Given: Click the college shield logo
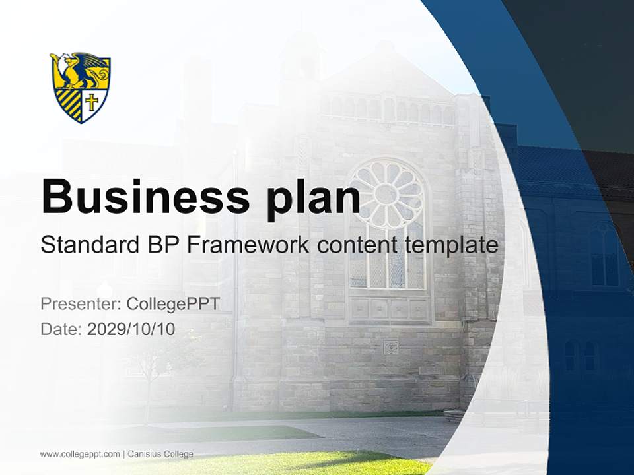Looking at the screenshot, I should pos(81,87).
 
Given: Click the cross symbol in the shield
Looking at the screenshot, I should pos(92,102).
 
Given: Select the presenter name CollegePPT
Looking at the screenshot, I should pos(172,303).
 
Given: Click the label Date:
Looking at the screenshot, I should pos(61,329).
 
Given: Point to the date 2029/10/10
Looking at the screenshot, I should pos(131,329).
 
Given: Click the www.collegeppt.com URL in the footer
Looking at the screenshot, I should pos(79,454).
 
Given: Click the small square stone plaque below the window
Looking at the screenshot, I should pos(390,347).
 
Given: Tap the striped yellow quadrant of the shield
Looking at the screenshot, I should pos(69,104).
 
